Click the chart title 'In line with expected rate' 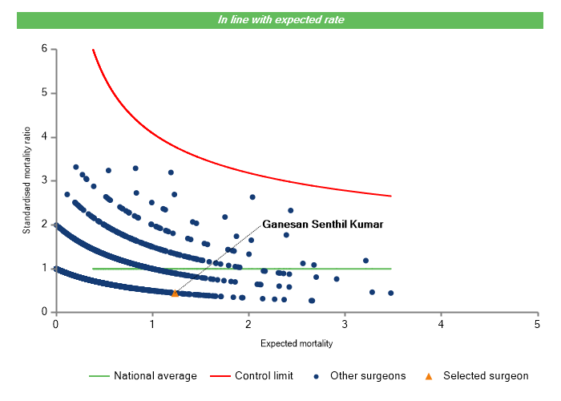[x=280, y=19]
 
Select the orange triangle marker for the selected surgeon [x=175, y=294]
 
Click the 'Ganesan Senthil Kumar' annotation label [x=323, y=224]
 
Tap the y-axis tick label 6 [x=44, y=50]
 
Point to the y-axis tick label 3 [x=44, y=180]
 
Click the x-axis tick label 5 [x=537, y=324]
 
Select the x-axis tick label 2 [x=248, y=324]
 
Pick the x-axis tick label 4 [x=441, y=324]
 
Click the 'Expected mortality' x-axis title [x=297, y=343]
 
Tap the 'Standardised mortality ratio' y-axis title [x=26, y=180]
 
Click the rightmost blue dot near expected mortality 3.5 [x=390, y=293]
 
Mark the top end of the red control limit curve [x=93, y=50]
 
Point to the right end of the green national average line [x=391, y=269]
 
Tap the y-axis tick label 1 [x=44, y=269]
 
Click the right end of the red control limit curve [x=391, y=196]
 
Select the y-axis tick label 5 [x=44, y=93]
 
